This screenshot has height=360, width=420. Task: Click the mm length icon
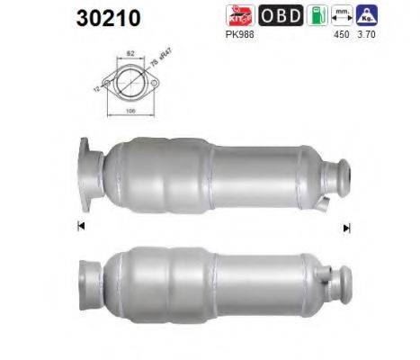[342, 16]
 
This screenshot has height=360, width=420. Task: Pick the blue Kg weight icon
[366, 16]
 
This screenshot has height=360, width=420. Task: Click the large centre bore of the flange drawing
[128, 83]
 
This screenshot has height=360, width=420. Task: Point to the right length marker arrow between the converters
[346, 228]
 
